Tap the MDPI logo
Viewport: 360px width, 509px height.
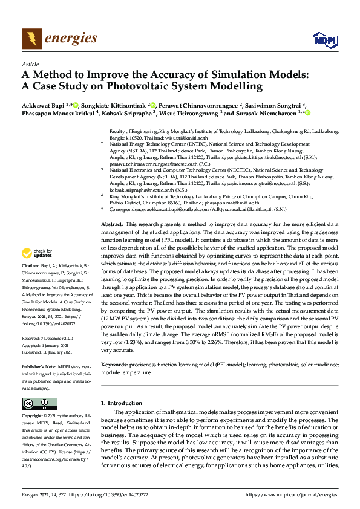pos(324,40)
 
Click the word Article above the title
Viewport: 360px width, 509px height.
pos(30,63)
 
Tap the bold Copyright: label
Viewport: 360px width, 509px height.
pos(33,417)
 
